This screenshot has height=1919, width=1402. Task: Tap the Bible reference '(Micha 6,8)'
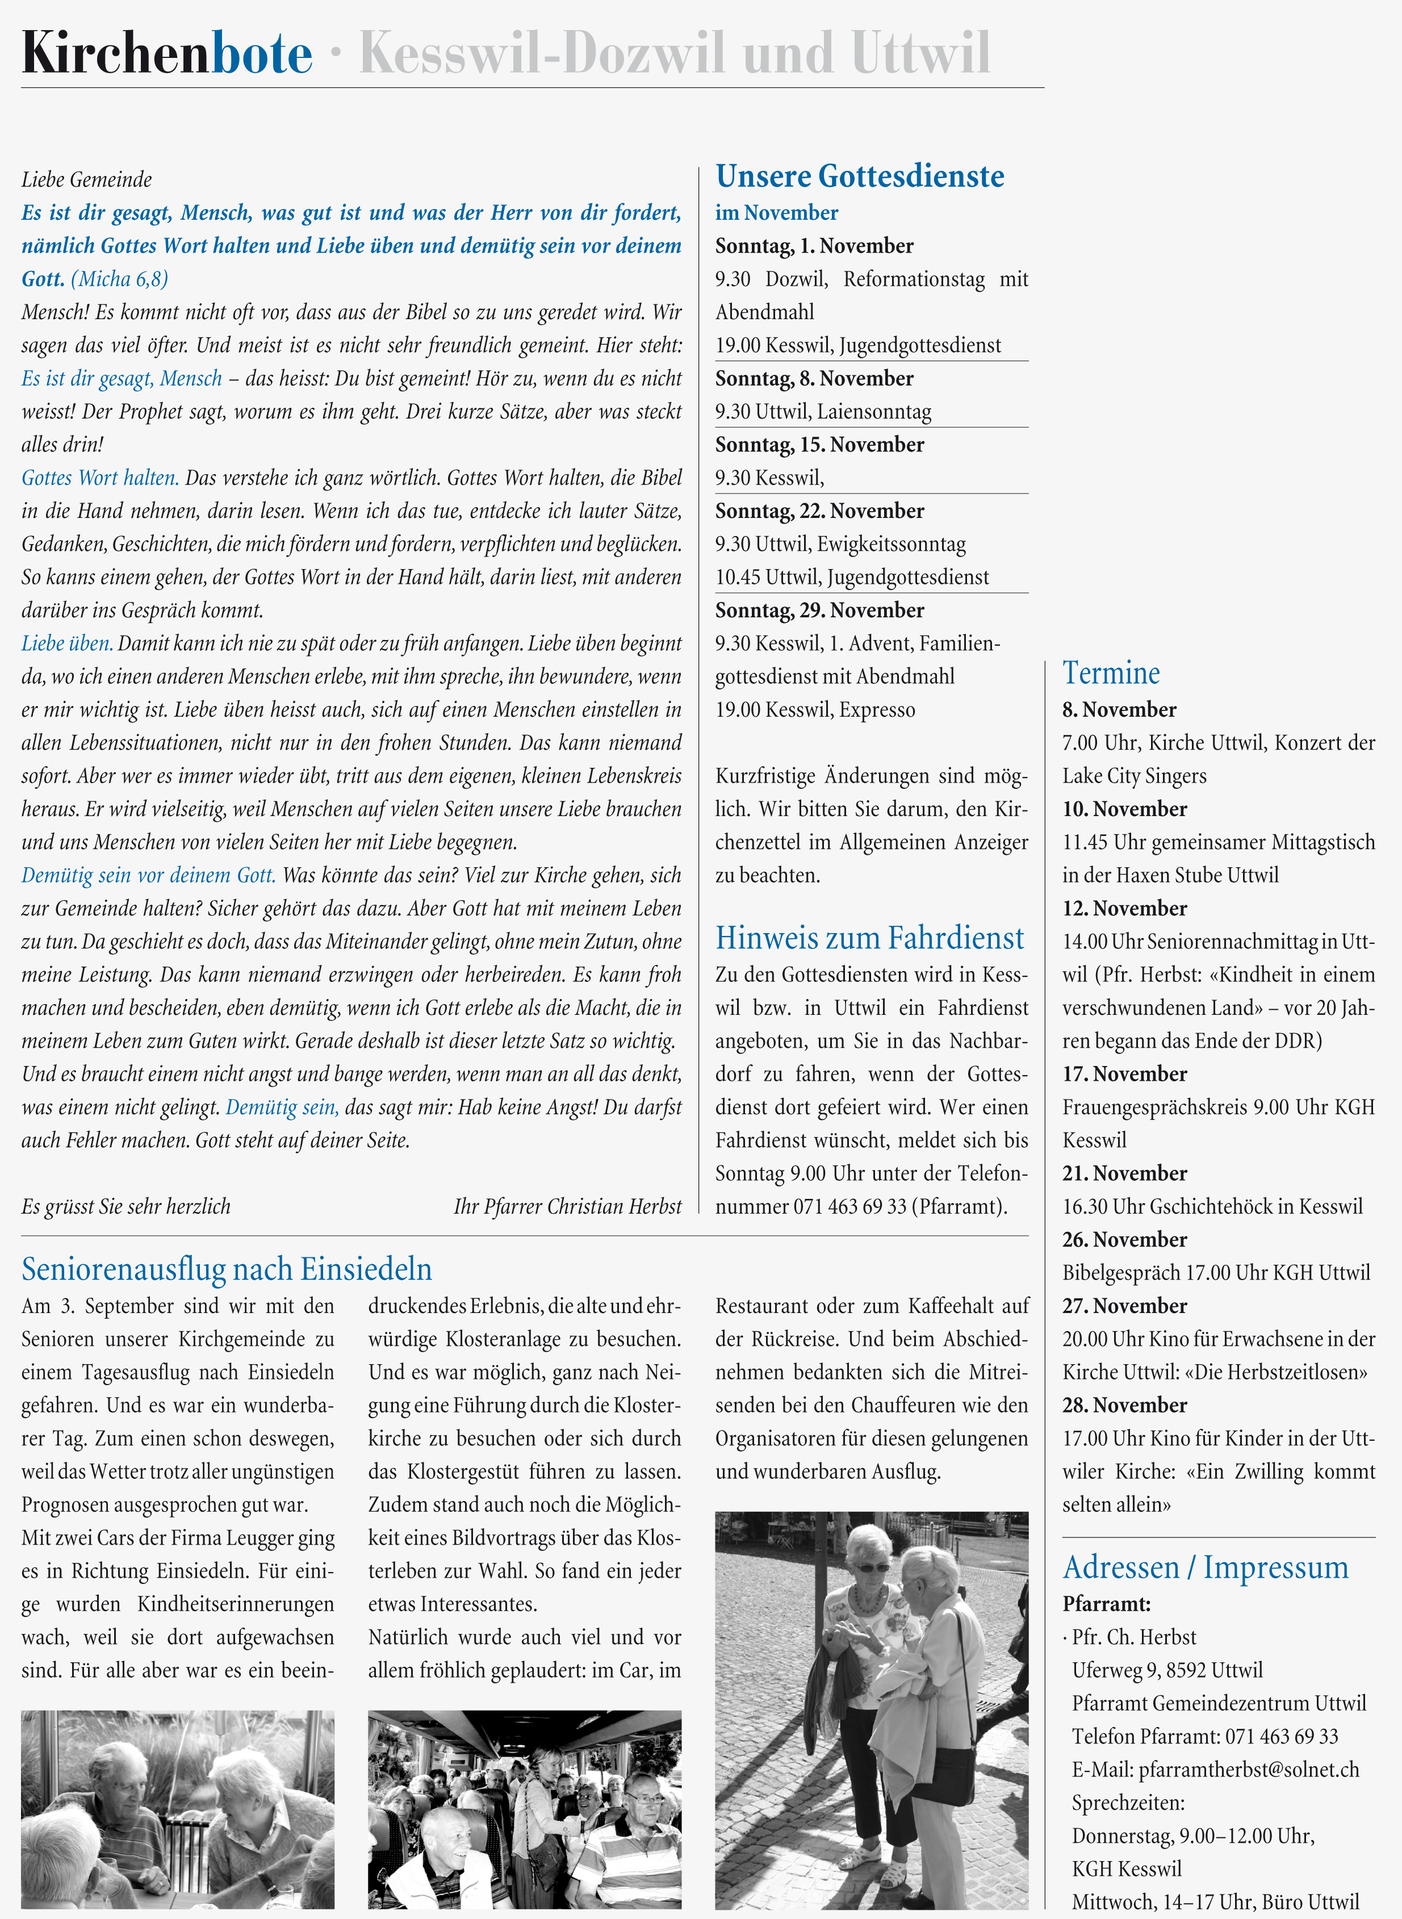click(120, 279)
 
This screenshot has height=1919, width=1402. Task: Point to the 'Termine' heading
click(1110, 673)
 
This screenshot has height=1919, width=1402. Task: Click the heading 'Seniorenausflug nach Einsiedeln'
click(227, 1269)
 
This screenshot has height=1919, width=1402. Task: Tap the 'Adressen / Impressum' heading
click(1205, 1567)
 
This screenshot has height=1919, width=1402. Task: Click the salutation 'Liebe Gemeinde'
click(86, 180)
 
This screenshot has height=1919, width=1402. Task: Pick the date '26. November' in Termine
click(1124, 1240)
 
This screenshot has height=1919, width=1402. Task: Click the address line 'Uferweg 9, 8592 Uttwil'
click(1167, 1670)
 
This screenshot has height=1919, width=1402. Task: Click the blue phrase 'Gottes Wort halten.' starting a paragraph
click(100, 478)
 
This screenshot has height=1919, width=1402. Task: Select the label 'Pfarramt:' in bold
click(1106, 1604)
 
